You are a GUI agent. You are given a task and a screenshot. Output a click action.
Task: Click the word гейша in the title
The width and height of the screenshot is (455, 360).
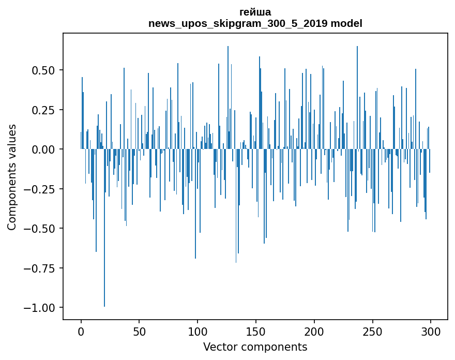(255, 12)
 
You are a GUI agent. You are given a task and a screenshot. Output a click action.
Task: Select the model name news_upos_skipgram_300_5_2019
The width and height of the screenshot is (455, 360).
(238, 23)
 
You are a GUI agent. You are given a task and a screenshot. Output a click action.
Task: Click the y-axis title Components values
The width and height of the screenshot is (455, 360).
(12, 177)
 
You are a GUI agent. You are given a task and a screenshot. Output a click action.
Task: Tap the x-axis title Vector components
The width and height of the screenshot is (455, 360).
(255, 347)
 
